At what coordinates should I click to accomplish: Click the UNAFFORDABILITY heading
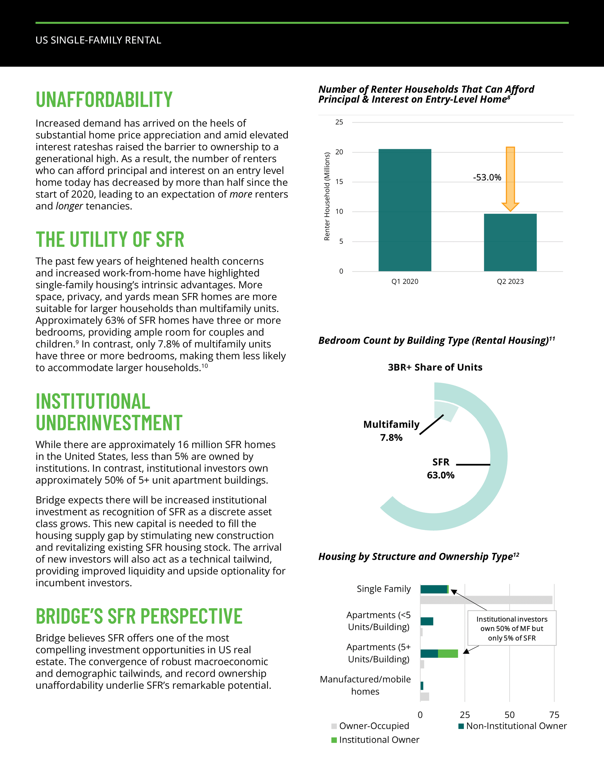click(x=104, y=99)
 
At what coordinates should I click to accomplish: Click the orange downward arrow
click(x=510, y=179)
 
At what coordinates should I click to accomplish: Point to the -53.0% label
click(x=487, y=177)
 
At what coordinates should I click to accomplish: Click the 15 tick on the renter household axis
click(x=339, y=182)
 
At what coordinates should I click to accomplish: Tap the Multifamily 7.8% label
click(x=391, y=430)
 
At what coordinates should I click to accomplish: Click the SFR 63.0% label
click(x=440, y=468)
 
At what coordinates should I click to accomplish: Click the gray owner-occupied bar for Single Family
click(x=486, y=600)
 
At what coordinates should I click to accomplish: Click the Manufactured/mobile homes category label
click(x=365, y=685)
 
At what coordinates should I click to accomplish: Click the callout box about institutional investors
click(x=512, y=628)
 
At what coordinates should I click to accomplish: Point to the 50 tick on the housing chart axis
click(x=509, y=715)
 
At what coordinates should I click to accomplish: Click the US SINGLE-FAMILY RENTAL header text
click(x=98, y=40)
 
